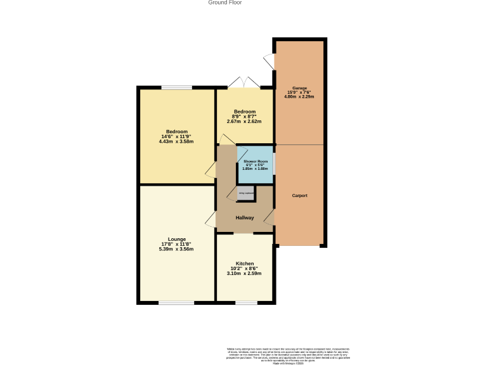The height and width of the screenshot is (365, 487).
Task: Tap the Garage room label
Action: click(x=299, y=87)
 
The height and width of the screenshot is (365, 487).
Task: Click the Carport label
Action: click(x=299, y=196)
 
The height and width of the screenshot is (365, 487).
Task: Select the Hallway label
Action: click(x=245, y=218)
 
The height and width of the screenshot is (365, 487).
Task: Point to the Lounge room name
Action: click(x=177, y=239)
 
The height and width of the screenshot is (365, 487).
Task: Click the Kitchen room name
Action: click(x=245, y=263)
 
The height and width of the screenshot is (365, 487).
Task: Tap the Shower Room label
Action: click(x=256, y=162)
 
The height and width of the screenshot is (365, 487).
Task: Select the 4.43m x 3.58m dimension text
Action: click(x=177, y=141)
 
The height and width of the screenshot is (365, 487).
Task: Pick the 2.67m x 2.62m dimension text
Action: click(x=245, y=121)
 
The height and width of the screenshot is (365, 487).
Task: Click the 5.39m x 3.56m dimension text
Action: click(x=177, y=249)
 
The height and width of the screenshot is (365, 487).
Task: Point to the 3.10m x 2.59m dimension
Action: click(x=245, y=273)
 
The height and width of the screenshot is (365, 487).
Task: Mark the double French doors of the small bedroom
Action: click(x=244, y=82)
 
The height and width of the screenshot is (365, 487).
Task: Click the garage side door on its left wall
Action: click(x=269, y=61)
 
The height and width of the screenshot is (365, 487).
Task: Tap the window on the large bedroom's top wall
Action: click(x=176, y=87)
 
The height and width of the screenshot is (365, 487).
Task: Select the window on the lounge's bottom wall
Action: click(x=176, y=303)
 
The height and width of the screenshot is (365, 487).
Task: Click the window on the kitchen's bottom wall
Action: click(x=246, y=303)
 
